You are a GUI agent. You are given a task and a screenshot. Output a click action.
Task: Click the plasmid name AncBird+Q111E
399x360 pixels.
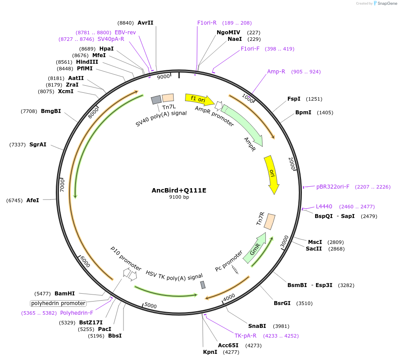coord(179,190)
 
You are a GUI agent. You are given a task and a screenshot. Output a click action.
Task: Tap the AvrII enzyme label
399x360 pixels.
coord(145,22)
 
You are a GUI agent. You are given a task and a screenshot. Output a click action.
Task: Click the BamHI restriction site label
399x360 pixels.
coord(65,293)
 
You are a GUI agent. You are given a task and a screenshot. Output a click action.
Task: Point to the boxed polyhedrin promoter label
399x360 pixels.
coord(58,303)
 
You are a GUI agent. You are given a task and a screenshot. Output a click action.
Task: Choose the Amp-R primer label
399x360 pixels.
coord(276,72)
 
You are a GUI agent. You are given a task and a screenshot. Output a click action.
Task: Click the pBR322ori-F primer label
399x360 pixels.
coord(333,187)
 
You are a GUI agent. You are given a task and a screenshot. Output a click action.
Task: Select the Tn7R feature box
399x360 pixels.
coord(270,221)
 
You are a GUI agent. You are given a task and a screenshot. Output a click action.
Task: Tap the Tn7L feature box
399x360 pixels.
coord(168,98)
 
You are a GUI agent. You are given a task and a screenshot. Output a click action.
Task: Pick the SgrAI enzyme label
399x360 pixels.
coord(38,145)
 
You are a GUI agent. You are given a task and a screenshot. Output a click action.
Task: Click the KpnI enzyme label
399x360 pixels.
coord(210,352)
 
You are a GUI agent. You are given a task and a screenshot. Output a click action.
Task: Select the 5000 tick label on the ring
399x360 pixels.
coord(150,305)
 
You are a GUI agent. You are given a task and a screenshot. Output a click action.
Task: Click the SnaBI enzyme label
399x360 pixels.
coord(257,326)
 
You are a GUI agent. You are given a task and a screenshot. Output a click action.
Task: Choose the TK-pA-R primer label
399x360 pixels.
coord(245,336)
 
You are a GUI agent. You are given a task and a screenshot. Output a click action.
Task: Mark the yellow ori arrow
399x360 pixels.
coord(272,174)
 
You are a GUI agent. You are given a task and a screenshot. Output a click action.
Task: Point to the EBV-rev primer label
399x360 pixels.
coord(125,33)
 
